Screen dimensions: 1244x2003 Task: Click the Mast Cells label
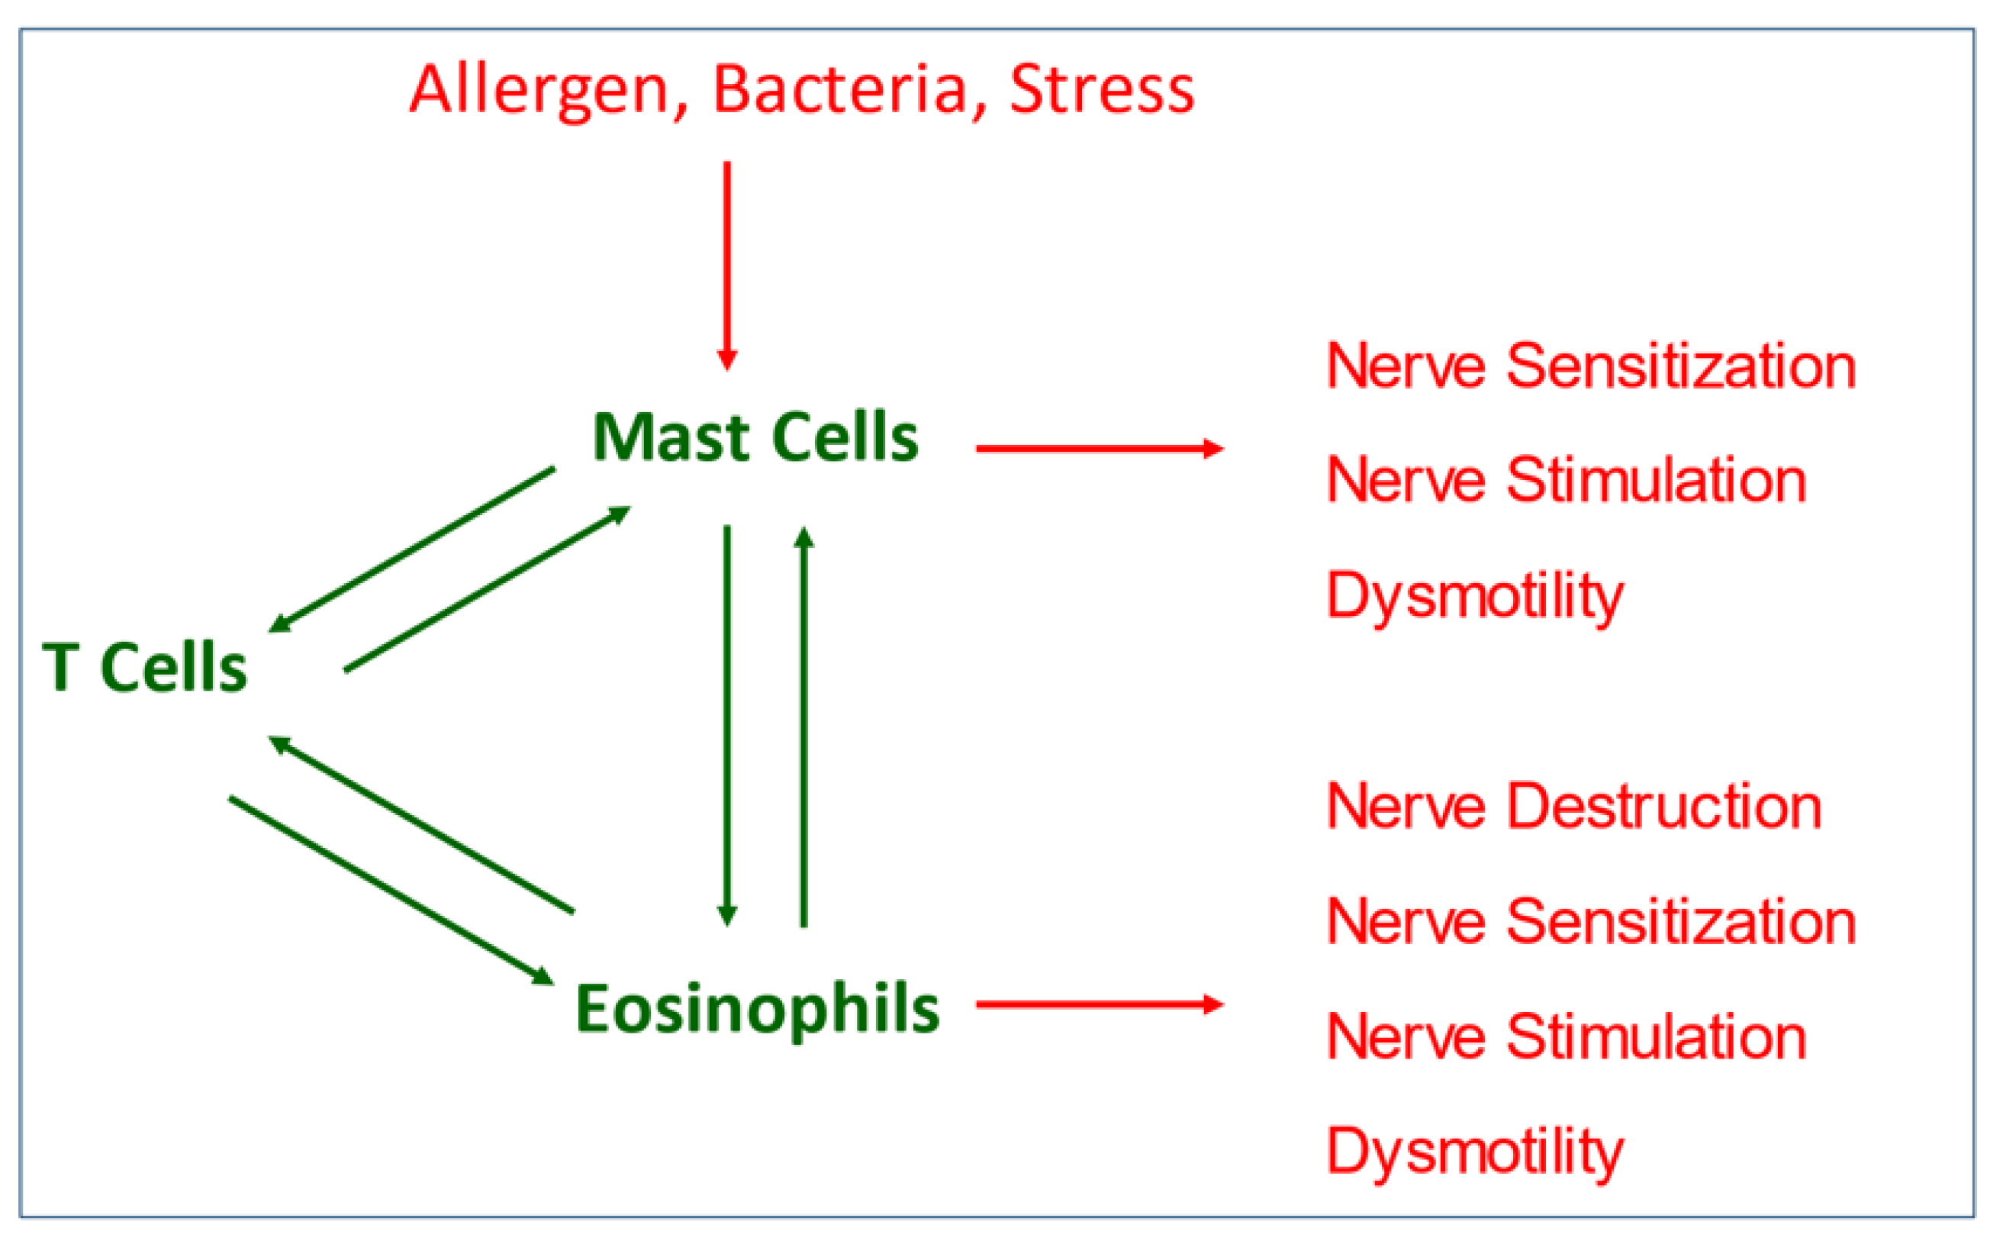tap(755, 438)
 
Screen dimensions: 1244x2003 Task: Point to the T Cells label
tap(145, 668)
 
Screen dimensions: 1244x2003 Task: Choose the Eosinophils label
tap(757, 1010)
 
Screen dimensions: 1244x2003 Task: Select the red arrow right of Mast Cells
tap(1099, 450)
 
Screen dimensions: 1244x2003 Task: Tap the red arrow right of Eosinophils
tap(1099, 1004)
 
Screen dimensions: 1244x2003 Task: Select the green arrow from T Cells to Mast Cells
tap(487, 590)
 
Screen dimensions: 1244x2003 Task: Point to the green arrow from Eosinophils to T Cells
tap(421, 824)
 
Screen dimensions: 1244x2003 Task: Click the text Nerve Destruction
tap(1574, 807)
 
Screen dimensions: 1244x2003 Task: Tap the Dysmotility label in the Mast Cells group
tap(1475, 596)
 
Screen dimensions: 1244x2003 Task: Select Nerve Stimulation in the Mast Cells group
tap(1567, 481)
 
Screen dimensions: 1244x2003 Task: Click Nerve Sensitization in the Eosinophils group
tap(1591, 922)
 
